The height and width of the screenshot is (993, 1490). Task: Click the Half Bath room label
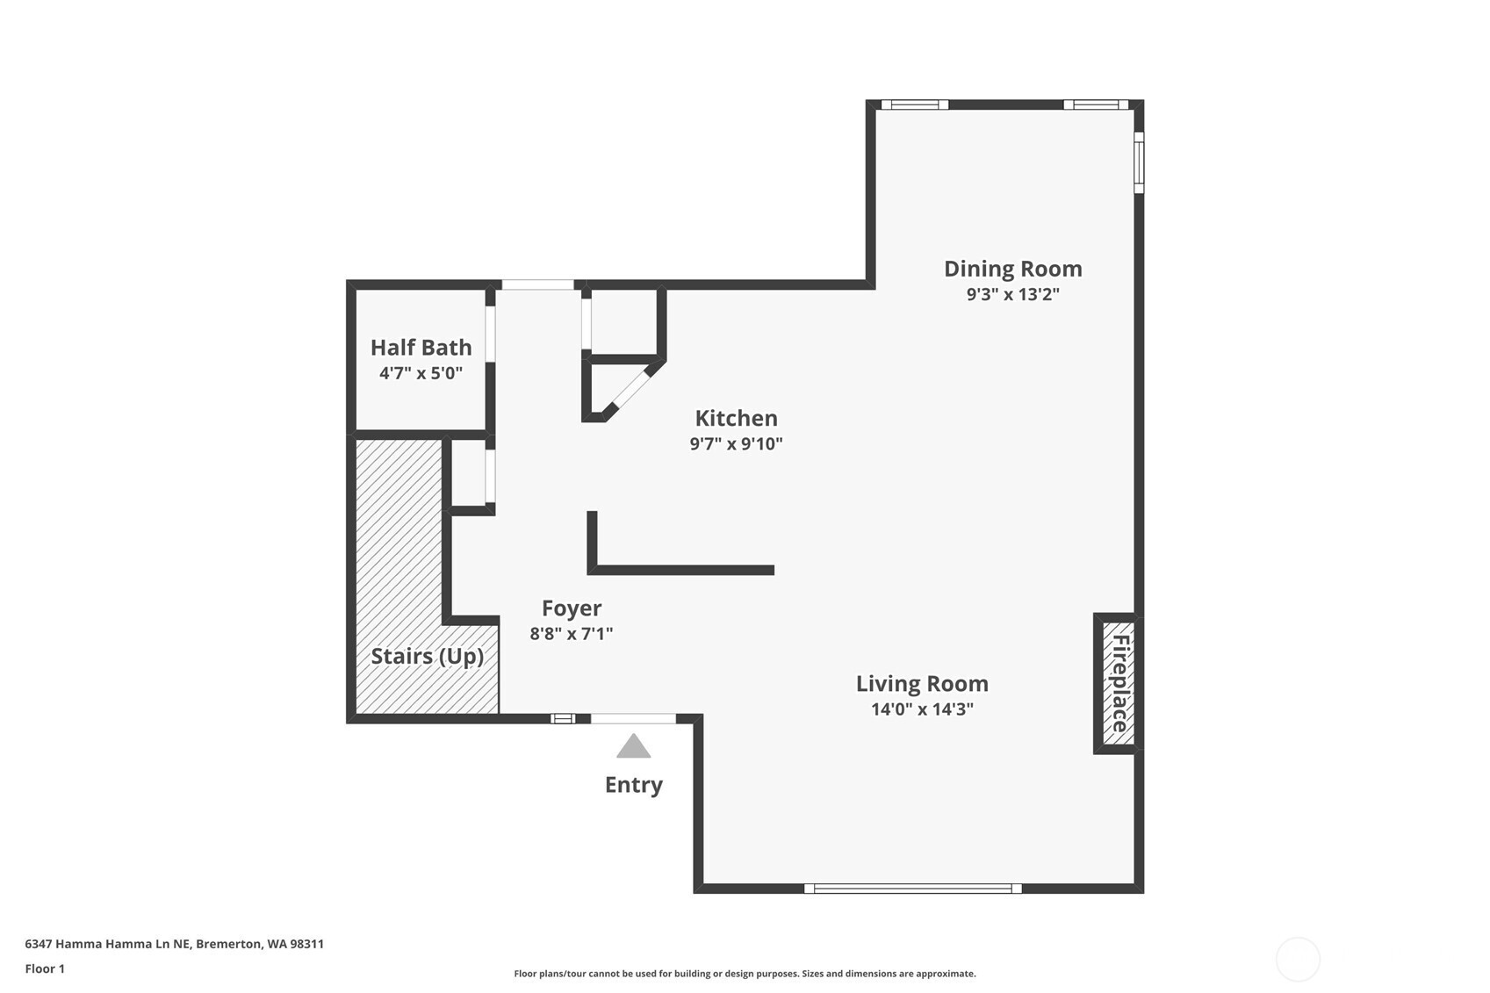pos(421,347)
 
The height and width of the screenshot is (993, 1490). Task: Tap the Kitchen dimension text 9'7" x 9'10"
pos(736,443)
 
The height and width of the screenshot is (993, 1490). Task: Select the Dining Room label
pos(1013,269)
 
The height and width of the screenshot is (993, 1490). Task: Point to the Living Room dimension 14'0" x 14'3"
pos(922,709)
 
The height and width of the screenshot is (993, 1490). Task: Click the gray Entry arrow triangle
pos(633,746)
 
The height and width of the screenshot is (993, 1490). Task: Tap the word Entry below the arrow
pos(633,785)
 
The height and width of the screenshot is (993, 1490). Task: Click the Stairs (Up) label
pos(427,657)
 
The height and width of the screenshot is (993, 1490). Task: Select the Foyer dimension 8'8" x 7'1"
pos(572,633)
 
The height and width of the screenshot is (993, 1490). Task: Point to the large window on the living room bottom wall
pos(912,888)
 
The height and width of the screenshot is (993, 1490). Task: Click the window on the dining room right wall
pos(1139,162)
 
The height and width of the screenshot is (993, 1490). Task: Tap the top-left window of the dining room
pos(915,104)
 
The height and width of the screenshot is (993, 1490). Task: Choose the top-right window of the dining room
pos(1096,104)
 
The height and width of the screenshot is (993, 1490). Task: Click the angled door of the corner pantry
pos(630,390)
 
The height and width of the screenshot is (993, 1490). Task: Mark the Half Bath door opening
pos(490,334)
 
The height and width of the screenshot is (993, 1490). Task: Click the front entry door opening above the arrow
pos(633,718)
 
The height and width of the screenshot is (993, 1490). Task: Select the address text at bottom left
pos(174,944)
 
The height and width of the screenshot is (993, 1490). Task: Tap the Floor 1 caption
pos(46,968)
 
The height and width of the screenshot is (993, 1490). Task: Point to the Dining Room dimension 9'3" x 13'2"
pos(1013,294)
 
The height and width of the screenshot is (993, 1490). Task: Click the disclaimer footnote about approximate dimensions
pos(745,974)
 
